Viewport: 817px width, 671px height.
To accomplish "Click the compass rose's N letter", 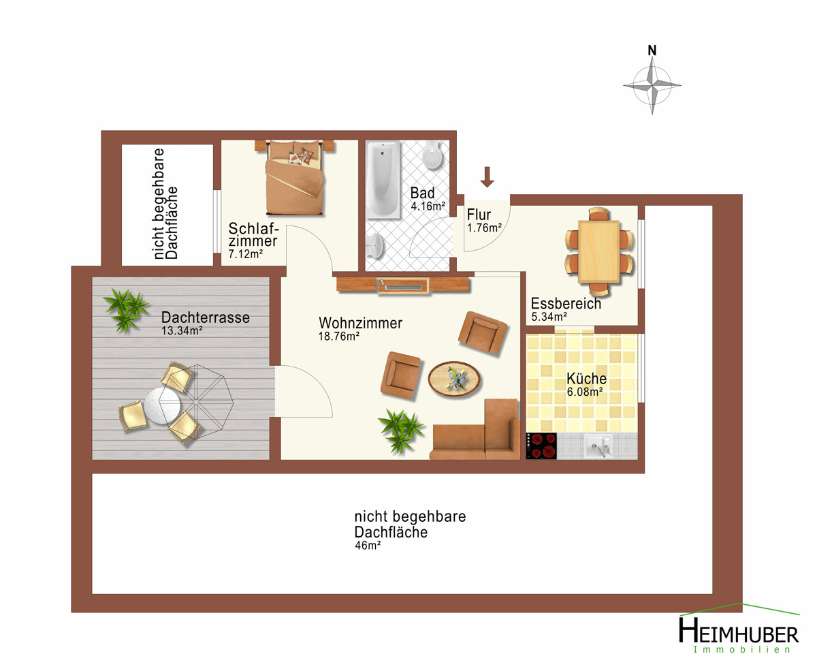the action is [652, 50].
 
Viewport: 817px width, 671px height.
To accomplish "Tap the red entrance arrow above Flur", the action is [487, 176].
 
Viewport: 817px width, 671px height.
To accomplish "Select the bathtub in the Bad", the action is [383, 179].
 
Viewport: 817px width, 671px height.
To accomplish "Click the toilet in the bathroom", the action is [432, 155].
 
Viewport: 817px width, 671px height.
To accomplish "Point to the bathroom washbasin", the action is [375, 245].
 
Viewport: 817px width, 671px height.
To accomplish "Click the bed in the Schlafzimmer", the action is [294, 177].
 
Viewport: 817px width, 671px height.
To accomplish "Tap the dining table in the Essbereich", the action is [598, 251].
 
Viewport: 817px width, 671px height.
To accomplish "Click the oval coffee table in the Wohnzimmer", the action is [454, 379].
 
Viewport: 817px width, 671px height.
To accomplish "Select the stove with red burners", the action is [541, 446].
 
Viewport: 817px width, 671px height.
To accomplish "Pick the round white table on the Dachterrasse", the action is [162, 405].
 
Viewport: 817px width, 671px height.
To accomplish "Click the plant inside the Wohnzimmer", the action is [401, 431].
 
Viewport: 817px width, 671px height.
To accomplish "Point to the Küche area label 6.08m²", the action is [585, 392].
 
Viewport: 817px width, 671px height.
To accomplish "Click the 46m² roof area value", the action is [368, 546].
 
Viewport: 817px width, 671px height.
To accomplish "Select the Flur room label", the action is [479, 215].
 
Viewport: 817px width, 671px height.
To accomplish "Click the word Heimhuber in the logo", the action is [739, 632].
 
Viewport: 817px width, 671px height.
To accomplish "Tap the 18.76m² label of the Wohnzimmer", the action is [338, 337].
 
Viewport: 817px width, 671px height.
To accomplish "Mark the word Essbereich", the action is [566, 304].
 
